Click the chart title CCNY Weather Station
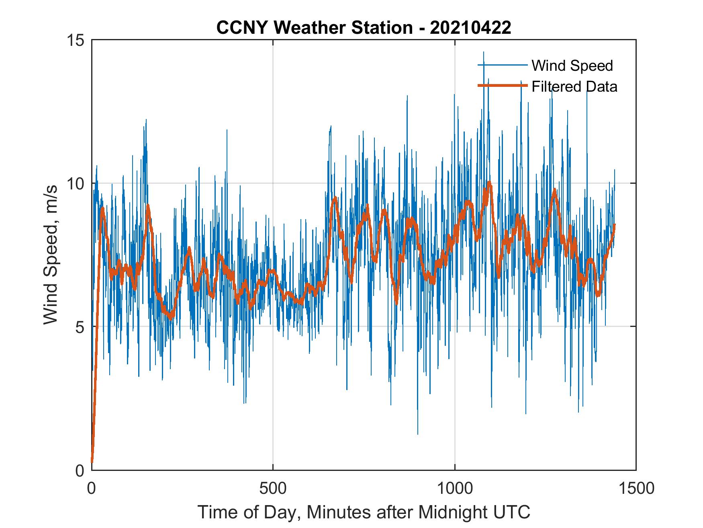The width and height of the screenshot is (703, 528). point(314,28)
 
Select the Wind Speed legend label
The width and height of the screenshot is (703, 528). point(572,66)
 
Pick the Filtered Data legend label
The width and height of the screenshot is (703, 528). point(574,86)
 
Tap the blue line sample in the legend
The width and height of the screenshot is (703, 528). point(502,65)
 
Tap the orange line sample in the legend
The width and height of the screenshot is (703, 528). point(502,86)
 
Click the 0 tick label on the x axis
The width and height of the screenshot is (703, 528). point(92,488)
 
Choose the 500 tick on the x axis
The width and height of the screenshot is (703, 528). point(273,488)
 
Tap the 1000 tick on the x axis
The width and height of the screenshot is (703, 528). point(454,488)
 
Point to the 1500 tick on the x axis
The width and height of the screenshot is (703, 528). point(636,488)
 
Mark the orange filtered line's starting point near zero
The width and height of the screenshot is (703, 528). point(92,462)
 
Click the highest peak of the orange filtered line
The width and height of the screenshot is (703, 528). point(489,183)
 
